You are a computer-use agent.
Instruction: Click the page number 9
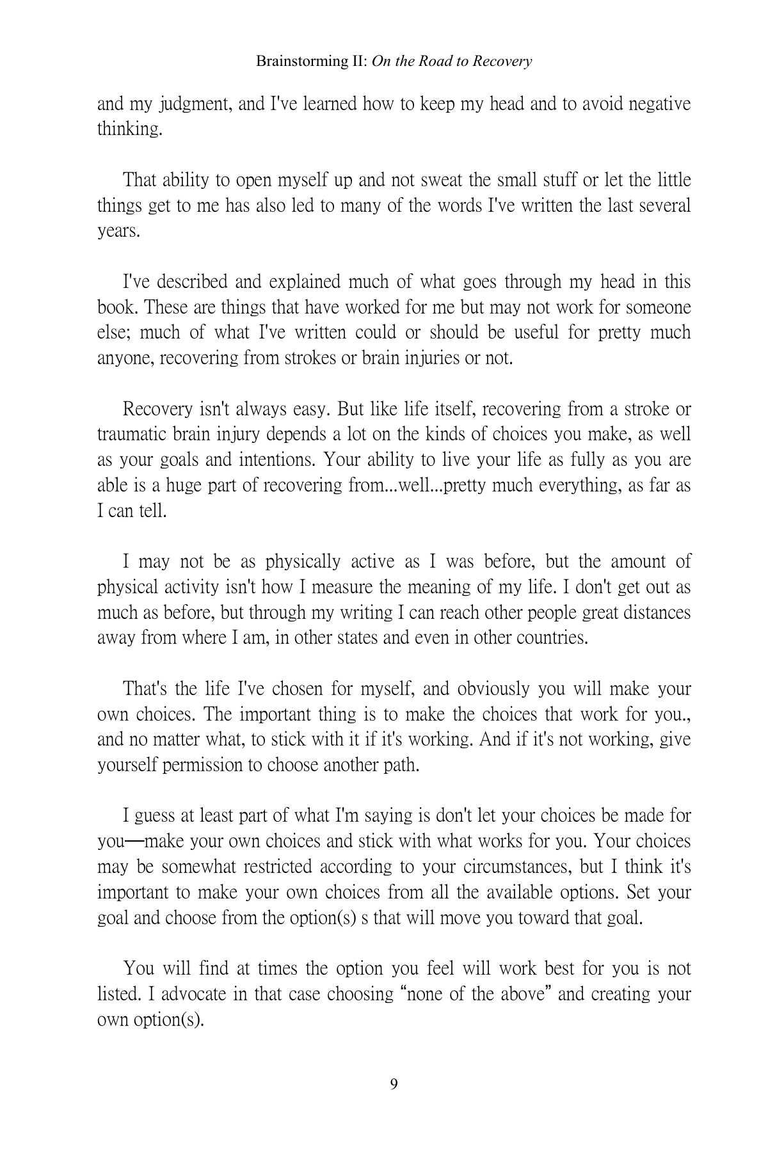pos(394,1084)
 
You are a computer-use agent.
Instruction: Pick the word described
pos(192,282)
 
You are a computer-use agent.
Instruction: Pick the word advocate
pos(193,995)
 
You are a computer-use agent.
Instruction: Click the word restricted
pos(267,867)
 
